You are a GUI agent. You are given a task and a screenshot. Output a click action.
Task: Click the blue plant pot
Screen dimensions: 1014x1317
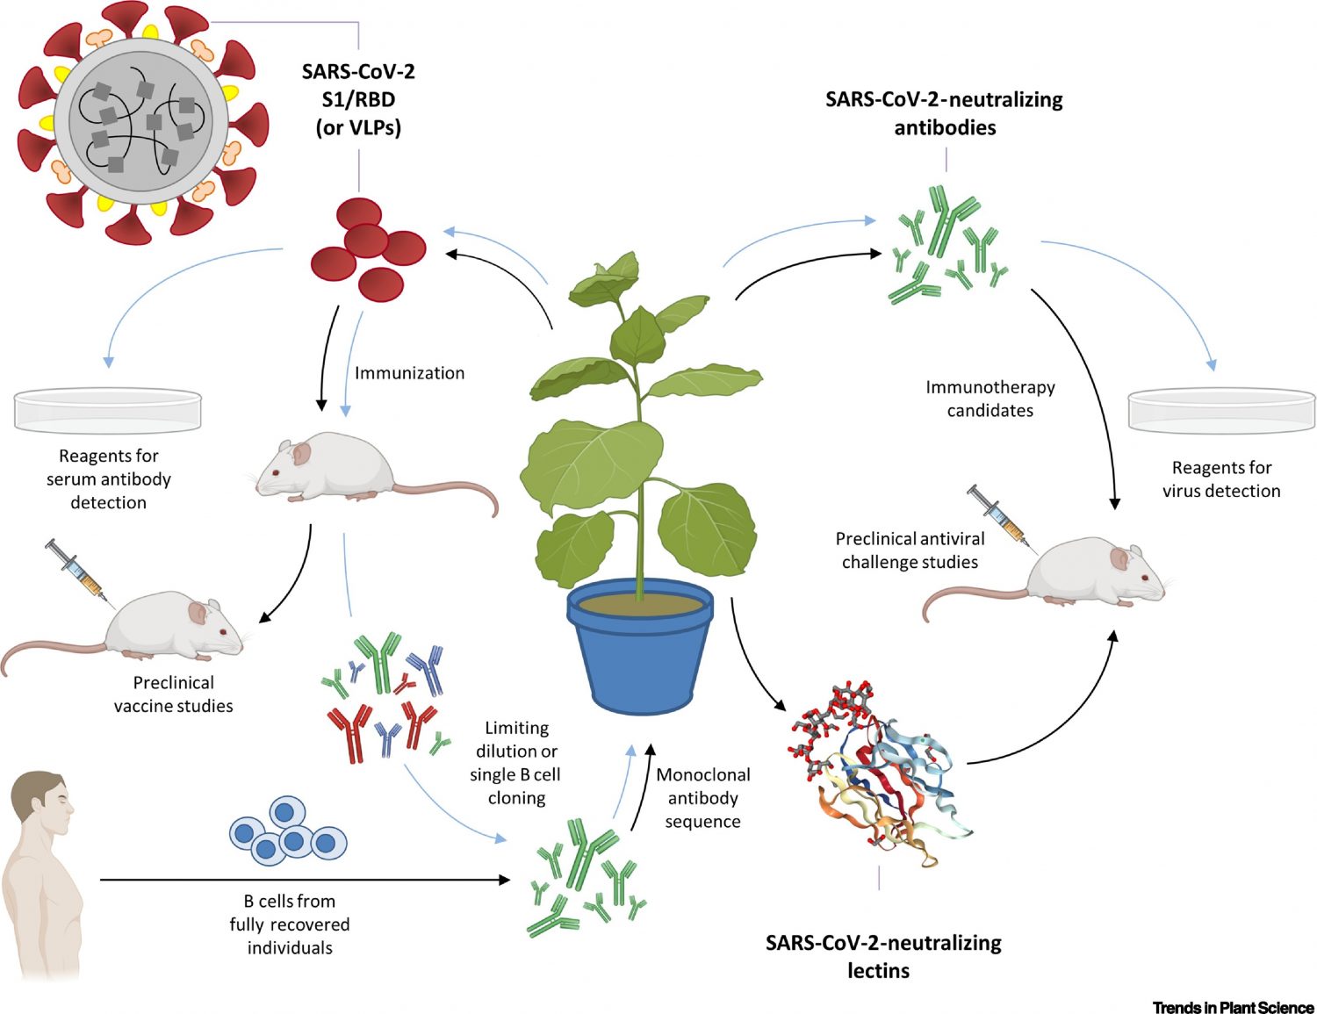(x=639, y=650)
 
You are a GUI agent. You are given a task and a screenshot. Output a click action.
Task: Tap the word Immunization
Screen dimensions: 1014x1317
(x=409, y=373)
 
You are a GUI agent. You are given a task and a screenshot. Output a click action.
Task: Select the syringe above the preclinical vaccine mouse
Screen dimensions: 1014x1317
(x=78, y=572)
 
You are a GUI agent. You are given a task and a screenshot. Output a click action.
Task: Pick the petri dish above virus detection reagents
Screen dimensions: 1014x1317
(x=1221, y=411)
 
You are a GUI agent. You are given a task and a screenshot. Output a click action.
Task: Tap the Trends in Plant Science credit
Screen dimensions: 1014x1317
(x=1233, y=1007)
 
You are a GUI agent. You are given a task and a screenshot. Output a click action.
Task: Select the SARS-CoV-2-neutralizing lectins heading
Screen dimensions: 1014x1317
(x=882, y=956)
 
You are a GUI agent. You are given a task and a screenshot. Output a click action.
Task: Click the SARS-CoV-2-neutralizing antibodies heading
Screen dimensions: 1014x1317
(x=944, y=113)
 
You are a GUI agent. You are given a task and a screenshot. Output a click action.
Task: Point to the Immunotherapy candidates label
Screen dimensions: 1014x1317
(x=990, y=399)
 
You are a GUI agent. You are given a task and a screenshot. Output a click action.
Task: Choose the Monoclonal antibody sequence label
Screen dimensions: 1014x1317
(x=702, y=798)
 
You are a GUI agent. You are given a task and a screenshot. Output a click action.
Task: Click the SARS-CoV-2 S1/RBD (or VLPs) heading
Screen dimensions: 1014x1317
(x=358, y=99)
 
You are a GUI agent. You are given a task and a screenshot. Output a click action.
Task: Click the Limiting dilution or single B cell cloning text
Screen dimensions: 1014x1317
(x=516, y=763)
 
